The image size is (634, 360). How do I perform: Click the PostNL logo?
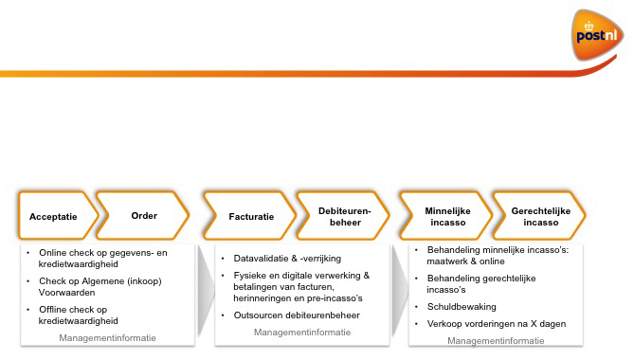598,36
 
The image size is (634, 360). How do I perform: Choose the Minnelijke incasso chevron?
443,216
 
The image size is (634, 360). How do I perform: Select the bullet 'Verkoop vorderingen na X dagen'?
490,324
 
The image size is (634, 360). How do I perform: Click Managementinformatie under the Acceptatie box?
107,338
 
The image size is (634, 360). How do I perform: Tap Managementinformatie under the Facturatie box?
302,333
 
